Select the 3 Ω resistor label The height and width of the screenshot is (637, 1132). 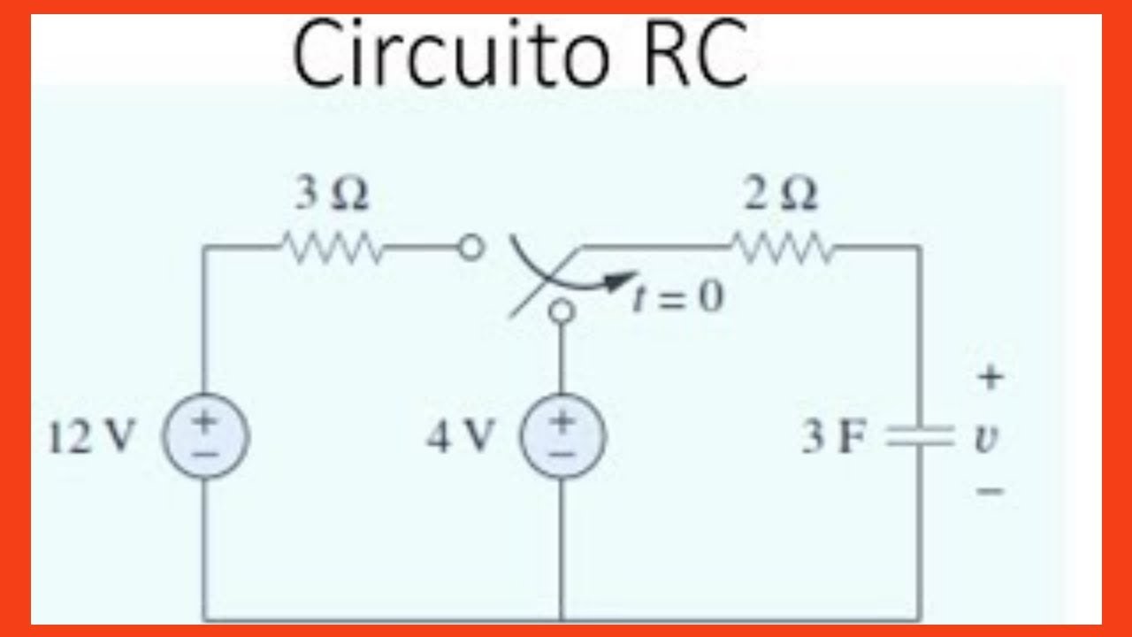(332, 196)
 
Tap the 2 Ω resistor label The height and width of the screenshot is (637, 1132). (780, 196)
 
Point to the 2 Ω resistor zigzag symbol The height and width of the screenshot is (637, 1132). (780, 249)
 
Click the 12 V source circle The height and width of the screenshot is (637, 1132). (205, 437)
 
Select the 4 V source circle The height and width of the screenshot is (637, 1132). (562, 437)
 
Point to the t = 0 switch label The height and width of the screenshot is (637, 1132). (679, 298)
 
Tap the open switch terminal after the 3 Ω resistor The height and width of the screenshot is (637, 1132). (474, 249)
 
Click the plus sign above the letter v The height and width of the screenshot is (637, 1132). (990, 379)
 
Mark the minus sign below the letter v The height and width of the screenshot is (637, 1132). (990, 489)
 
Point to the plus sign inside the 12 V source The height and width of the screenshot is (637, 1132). (205, 424)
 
